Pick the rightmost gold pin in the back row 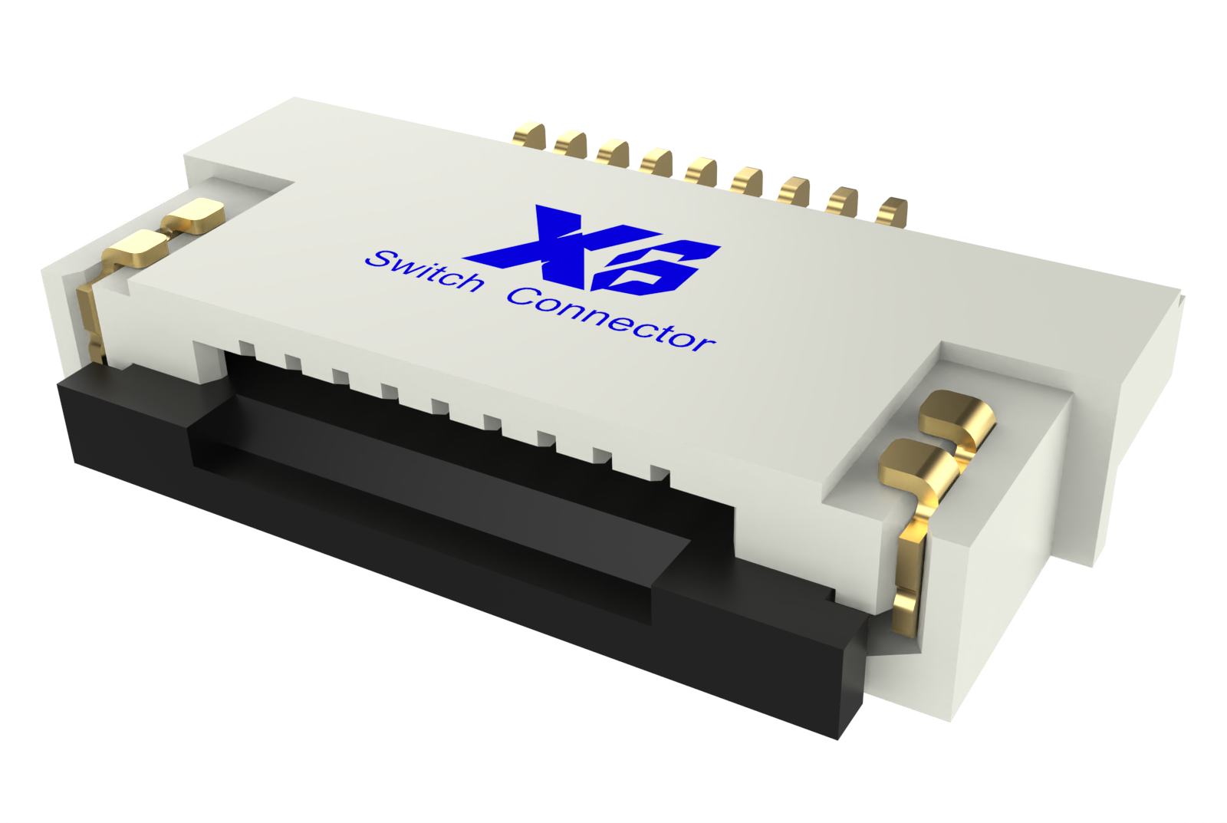point(893,212)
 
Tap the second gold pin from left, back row point(571,144)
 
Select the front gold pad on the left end point(138,248)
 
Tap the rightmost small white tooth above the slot point(660,472)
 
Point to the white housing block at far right point(1028,568)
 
